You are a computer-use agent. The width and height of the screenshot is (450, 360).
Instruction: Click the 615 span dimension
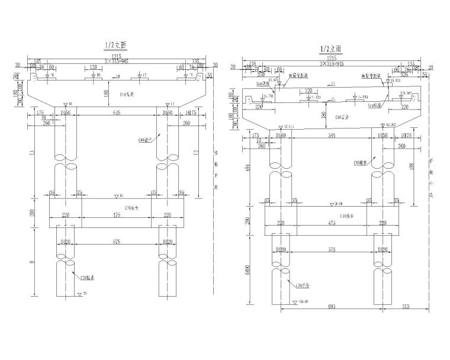pos(111,112)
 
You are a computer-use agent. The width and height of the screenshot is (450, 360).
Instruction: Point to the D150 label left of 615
pos(66,112)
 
